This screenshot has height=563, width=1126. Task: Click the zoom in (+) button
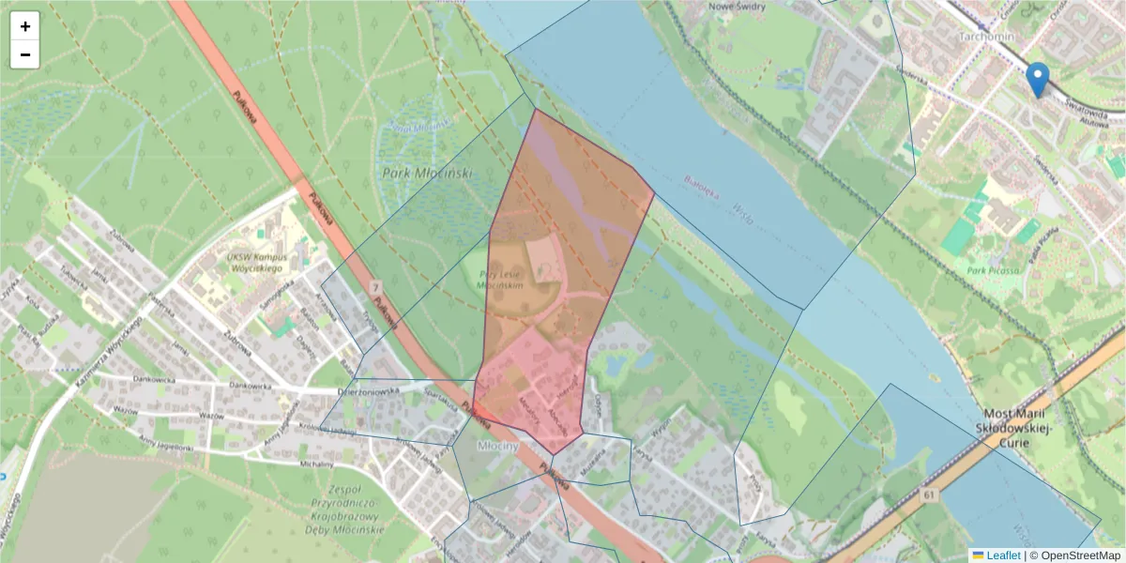coord(25,26)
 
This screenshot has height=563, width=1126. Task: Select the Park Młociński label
coord(427,174)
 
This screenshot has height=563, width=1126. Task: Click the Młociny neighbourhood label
coord(498,447)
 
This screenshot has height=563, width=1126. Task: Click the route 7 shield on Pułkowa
coord(374,285)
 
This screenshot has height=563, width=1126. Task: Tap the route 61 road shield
coord(930,495)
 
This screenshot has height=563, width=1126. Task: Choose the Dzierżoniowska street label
coord(369,390)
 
